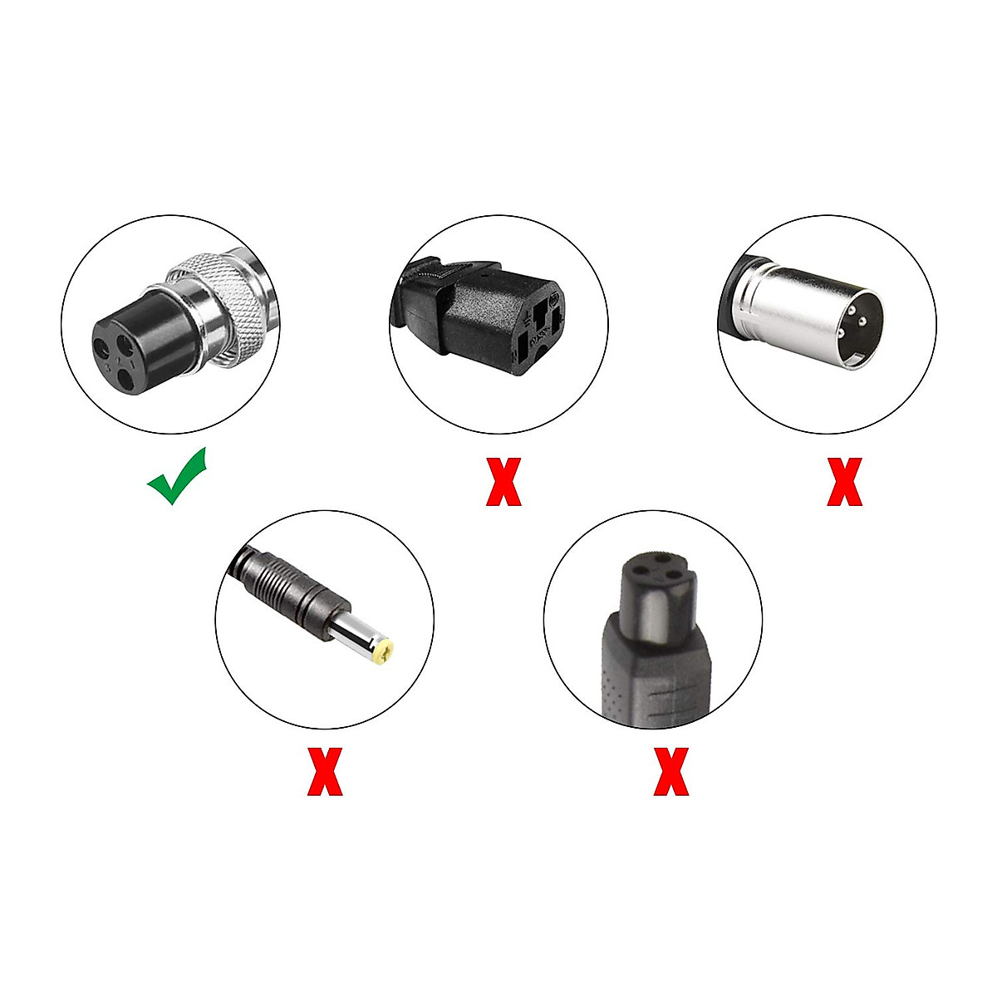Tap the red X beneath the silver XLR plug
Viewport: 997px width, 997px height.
[x=844, y=482]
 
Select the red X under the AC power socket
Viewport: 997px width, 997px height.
[x=503, y=482]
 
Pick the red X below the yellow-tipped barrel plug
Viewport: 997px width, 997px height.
[x=325, y=771]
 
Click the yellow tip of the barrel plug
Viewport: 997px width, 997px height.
[x=383, y=651]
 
